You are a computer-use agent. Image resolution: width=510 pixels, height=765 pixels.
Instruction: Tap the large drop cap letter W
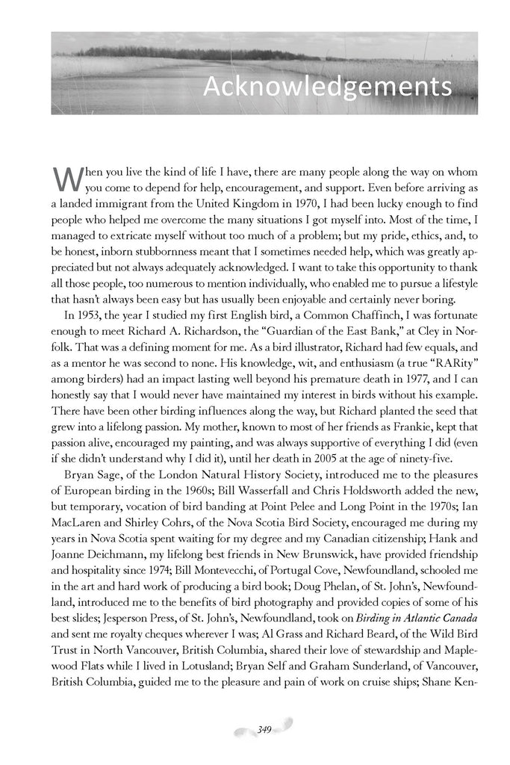(x=64, y=179)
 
